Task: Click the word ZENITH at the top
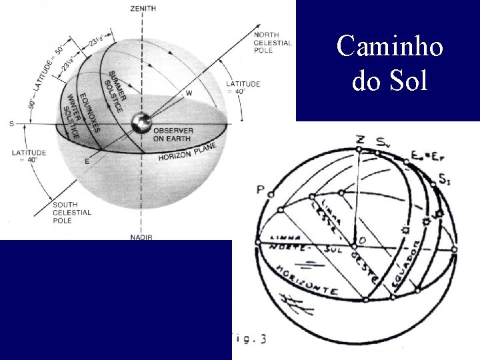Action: (x=143, y=8)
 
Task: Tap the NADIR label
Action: (x=141, y=237)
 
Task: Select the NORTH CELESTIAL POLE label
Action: (x=273, y=43)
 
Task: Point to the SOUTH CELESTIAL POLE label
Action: (x=72, y=212)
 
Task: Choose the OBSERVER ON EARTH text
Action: (x=174, y=134)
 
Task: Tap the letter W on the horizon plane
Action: (x=189, y=93)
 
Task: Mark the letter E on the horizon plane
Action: (x=87, y=161)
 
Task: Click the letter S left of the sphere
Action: (x=11, y=124)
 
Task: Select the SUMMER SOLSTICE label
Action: (x=115, y=89)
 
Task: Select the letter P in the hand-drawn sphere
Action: (x=260, y=190)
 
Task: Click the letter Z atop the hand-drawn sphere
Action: (x=360, y=139)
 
